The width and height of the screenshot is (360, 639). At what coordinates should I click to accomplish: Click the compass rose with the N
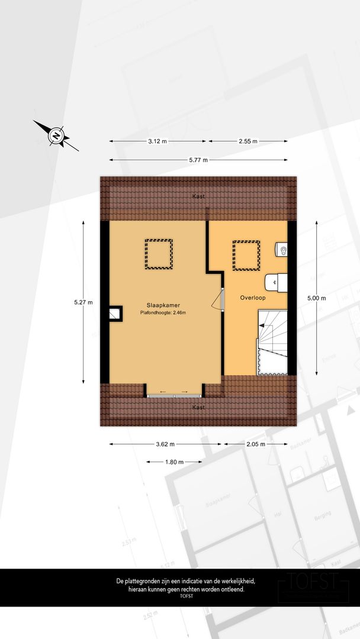[x=56, y=135]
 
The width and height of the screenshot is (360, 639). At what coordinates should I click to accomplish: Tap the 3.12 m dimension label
[x=157, y=141]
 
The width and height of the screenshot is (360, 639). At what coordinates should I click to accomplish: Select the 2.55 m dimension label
[x=247, y=141]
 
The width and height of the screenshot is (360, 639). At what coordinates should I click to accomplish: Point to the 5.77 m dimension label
[x=198, y=160]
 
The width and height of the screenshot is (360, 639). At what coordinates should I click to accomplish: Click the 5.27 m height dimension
[x=83, y=302]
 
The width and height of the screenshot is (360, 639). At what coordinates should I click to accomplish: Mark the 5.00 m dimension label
[x=316, y=298]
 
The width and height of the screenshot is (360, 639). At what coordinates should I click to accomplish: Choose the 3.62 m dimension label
[x=165, y=444]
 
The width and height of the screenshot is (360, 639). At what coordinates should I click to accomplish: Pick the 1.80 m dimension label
[x=173, y=462]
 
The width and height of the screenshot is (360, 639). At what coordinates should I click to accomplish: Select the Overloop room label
[x=252, y=298]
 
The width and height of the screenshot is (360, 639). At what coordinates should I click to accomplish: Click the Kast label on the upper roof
[x=198, y=196]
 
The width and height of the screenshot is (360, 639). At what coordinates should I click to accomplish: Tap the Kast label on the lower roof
[x=198, y=408]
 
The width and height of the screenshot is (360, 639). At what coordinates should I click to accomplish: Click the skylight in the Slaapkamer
[x=159, y=254]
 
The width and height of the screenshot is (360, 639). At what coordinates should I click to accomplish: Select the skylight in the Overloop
[x=246, y=255]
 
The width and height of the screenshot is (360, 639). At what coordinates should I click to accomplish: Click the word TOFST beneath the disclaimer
[x=187, y=596]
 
